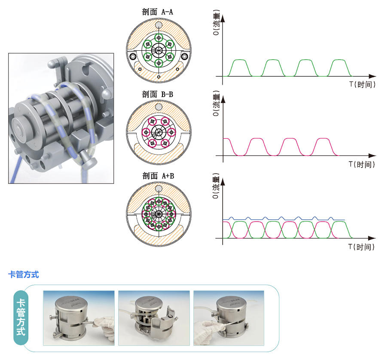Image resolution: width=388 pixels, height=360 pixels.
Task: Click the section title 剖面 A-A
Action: [157, 12]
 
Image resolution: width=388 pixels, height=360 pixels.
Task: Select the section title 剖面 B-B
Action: [157, 94]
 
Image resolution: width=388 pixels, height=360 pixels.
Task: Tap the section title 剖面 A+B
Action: [157, 176]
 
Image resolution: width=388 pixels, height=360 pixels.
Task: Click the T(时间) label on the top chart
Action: [362, 85]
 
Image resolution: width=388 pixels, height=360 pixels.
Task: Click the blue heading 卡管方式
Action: [24, 275]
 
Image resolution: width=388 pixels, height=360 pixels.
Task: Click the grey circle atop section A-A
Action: [159, 26]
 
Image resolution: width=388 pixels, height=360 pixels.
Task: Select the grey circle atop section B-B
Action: [159, 107]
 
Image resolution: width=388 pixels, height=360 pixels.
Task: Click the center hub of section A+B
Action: [159, 213]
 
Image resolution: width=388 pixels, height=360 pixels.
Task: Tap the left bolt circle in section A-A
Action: [133, 57]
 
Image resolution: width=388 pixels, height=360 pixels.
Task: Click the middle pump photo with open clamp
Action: [154, 317]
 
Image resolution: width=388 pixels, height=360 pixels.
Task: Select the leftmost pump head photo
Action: [79, 317]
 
